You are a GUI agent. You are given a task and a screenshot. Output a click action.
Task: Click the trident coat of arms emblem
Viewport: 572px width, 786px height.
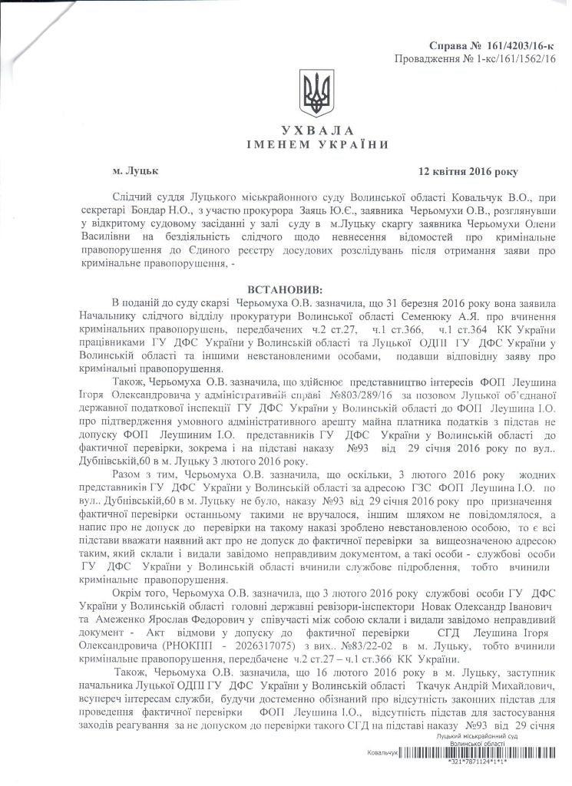point(314,94)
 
